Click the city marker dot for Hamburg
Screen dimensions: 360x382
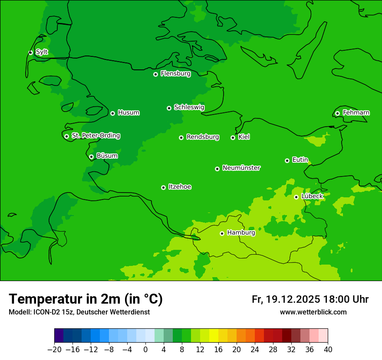point(222,233)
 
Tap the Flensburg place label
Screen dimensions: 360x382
point(175,74)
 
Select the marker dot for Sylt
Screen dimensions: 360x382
point(30,52)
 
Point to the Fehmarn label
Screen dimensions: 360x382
point(356,113)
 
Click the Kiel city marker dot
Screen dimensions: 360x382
point(233,137)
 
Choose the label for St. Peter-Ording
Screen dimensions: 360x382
point(95,136)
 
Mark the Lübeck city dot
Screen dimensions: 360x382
point(296,197)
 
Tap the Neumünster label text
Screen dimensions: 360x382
point(241,168)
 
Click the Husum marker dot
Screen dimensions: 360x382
point(112,113)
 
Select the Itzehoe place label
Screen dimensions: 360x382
point(180,187)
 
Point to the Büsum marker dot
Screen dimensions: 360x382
point(91,157)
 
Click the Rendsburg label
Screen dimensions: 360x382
point(202,137)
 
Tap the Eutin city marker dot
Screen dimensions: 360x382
point(287,160)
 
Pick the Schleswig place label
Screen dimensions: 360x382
point(189,107)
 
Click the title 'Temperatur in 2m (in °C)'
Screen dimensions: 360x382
point(86,299)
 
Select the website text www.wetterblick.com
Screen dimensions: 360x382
point(313,312)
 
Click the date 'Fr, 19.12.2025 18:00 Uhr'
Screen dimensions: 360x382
point(310,299)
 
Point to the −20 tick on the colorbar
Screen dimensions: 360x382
point(54,349)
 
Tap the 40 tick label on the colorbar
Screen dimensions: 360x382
point(328,349)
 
